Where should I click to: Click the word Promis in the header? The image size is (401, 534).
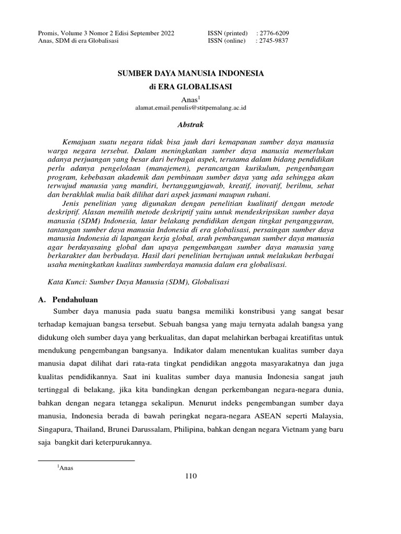tap(49, 33)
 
